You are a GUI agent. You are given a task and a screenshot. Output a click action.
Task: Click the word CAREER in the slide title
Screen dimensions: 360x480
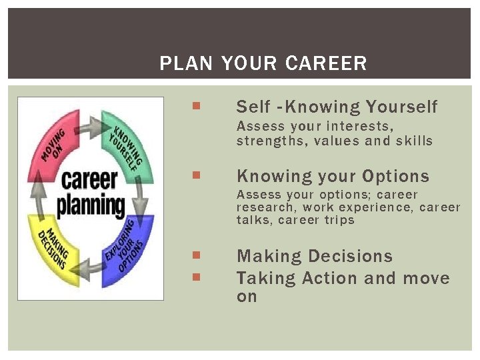tap(325, 64)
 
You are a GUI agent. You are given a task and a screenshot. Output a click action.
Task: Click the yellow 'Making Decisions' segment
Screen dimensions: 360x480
tap(57, 246)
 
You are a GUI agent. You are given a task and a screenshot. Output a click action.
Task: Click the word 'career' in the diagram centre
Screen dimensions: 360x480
tap(89, 181)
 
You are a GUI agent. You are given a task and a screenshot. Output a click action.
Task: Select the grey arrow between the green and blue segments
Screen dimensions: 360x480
tap(142, 199)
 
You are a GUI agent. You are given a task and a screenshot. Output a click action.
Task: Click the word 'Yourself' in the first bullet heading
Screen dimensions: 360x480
tap(402, 107)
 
